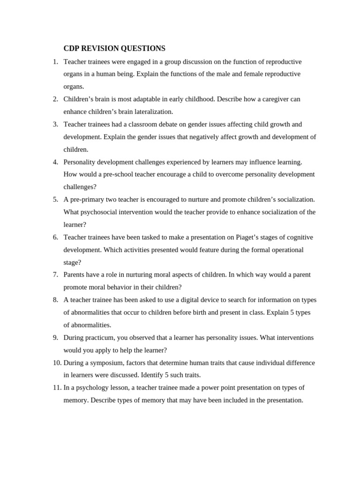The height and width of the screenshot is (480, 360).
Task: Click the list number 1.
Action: coord(55,62)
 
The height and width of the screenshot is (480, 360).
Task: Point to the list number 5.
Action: coord(55,200)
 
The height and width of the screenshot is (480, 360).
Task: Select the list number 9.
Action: coord(55,337)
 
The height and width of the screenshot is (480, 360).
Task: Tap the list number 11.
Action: coord(57,388)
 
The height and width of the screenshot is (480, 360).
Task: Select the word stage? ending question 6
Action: coord(72,262)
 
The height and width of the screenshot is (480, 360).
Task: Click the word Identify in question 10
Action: coord(153,375)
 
